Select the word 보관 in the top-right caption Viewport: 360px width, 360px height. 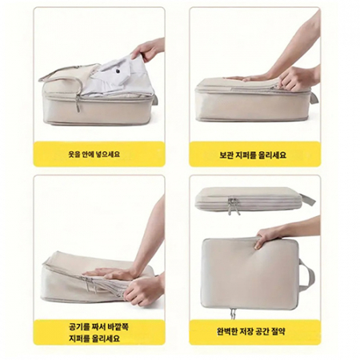click(x=226, y=154)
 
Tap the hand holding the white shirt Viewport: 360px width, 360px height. click(x=149, y=50)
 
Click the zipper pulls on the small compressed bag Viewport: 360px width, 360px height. click(x=234, y=206)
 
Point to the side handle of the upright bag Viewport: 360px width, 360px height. click(x=307, y=272)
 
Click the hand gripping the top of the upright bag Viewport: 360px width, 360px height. click(x=268, y=234)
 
